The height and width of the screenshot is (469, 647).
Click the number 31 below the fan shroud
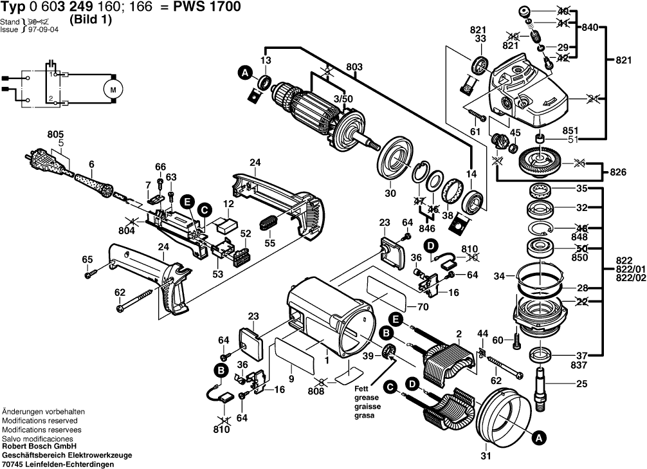[485, 457]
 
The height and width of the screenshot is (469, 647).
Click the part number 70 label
[422, 306]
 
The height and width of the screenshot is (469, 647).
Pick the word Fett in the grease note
[361, 389]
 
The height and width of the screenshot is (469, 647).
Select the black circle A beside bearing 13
[244, 74]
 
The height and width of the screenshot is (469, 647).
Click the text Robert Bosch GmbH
[39, 446]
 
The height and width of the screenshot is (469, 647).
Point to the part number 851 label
[570, 128]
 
